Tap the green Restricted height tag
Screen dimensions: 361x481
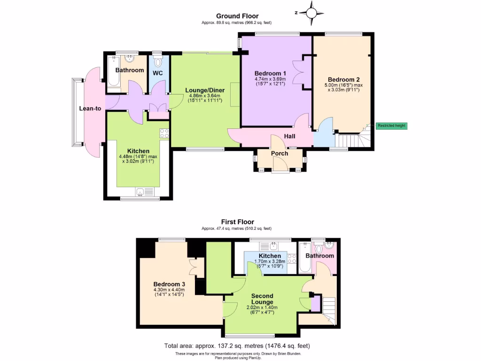click(391, 126)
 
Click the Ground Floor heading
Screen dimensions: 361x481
click(237, 16)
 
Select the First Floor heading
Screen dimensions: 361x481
click(237, 222)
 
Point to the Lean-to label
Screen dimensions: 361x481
click(90, 109)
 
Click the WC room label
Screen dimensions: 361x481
click(157, 73)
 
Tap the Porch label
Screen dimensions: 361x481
click(279, 153)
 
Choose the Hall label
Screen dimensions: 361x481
click(289, 136)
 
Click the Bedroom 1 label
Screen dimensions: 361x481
click(270, 73)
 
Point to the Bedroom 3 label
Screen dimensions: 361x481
click(169, 284)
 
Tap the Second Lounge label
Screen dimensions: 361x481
click(262, 299)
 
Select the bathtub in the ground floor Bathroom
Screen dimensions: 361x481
click(114, 72)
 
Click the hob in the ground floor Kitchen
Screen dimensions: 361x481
click(164, 133)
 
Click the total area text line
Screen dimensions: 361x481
click(237, 346)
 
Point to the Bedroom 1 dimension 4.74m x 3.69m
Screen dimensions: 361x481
click(270, 79)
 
